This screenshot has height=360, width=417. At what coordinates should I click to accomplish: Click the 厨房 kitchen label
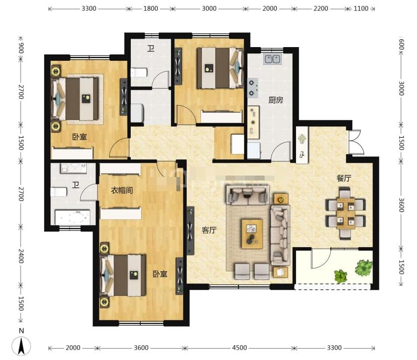tap(275, 100)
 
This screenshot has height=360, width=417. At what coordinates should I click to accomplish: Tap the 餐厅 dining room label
tap(344, 178)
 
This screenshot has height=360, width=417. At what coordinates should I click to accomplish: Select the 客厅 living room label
tap(209, 230)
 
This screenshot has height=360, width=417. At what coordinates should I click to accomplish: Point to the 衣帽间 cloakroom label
tap(122, 190)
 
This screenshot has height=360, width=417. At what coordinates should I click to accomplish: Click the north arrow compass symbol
tap(21, 346)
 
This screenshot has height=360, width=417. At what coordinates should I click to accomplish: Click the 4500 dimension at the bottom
tap(239, 348)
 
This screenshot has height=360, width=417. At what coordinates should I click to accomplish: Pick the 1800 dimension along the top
tap(150, 8)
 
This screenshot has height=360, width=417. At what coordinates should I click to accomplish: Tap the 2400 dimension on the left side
tap(21, 256)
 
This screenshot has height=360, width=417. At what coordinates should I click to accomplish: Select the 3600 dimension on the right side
tap(401, 205)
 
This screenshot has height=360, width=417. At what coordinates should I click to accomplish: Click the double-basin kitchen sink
tap(272, 59)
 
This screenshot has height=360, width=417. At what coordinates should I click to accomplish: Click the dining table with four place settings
tap(345, 213)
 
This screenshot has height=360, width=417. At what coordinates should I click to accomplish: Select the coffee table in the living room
tap(252, 234)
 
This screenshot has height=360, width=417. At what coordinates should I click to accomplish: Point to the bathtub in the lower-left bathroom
tap(73, 217)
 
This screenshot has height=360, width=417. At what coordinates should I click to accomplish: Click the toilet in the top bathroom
tap(139, 73)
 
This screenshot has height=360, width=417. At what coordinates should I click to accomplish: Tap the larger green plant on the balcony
tap(364, 267)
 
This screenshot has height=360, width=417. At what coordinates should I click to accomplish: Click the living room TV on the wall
tap(191, 231)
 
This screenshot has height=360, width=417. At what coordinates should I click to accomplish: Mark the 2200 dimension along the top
tap(320, 8)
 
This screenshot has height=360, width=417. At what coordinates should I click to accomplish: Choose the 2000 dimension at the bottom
tap(73, 348)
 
